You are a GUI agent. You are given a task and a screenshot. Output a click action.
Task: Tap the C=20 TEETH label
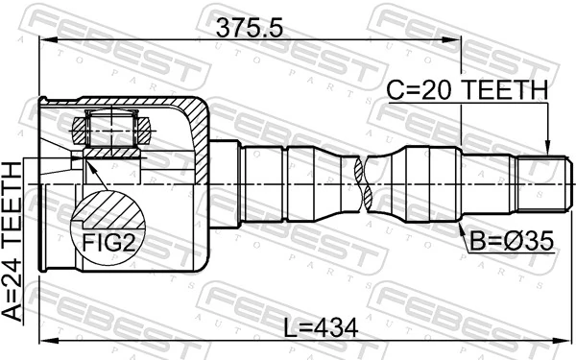click(x=467, y=90)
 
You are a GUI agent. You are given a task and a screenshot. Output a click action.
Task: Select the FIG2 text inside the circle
click(x=106, y=242)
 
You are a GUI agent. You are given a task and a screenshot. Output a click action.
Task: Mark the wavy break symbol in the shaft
click(x=364, y=182)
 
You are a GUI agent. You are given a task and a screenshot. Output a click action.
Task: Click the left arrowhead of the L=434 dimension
click(x=42, y=342)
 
